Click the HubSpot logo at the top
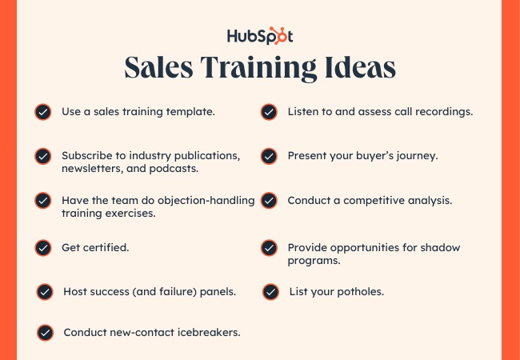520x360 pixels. pyautogui.click(x=260, y=36)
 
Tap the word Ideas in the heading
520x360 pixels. pyautogui.click(x=360, y=67)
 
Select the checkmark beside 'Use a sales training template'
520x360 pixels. pyautogui.click(x=43, y=112)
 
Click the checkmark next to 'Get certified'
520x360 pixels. pyautogui.click(x=43, y=248)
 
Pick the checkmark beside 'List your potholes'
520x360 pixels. pyautogui.click(x=270, y=292)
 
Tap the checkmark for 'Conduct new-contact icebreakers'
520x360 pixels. pyautogui.click(x=45, y=333)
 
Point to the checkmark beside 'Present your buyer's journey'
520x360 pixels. pyautogui.click(x=269, y=157)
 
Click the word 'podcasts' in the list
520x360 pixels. pyautogui.click(x=174, y=169)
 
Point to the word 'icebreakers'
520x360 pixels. pyautogui.click(x=209, y=332)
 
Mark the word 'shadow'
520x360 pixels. pyautogui.click(x=440, y=248)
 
